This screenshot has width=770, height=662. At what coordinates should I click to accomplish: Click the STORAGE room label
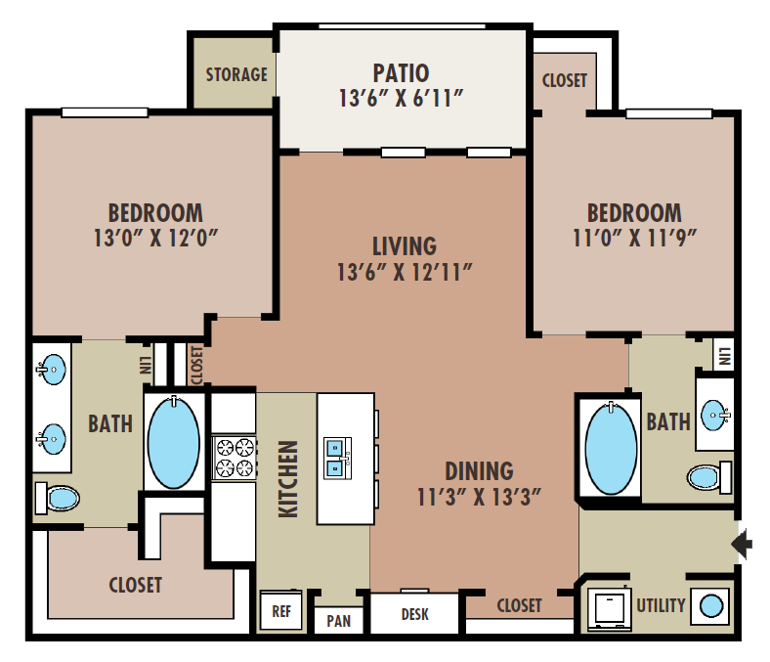click(x=236, y=74)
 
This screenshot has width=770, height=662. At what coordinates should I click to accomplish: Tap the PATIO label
click(x=402, y=73)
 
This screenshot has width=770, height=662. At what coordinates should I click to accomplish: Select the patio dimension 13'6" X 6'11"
click(x=402, y=99)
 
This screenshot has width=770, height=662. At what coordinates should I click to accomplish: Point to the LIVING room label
click(x=405, y=246)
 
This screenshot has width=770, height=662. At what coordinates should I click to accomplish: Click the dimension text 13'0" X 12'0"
click(x=155, y=238)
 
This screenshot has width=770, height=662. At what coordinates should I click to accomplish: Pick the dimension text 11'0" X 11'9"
click(x=634, y=238)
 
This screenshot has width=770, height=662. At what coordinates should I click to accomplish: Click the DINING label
click(x=479, y=470)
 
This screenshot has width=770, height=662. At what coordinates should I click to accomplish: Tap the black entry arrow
click(x=742, y=544)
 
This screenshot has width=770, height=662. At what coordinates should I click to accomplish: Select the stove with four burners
click(x=235, y=458)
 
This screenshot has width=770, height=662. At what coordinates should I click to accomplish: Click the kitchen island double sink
click(x=338, y=458)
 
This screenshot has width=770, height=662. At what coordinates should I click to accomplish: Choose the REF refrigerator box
click(x=280, y=610)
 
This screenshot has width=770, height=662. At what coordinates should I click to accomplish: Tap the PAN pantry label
click(x=339, y=621)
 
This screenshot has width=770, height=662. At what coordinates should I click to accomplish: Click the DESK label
click(x=415, y=614)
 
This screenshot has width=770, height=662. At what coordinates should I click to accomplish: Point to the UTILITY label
click(x=661, y=605)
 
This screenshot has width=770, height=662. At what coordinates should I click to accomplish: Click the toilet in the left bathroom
click(x=58, y=499)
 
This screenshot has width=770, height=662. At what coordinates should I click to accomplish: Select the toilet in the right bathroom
click(x=709, y=477)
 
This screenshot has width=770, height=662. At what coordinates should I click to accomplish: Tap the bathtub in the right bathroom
click(x=611, y=448)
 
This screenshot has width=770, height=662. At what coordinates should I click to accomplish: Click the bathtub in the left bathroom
click(x=174, y=443)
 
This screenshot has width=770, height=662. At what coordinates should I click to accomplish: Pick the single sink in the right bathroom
click(x=715, y=416)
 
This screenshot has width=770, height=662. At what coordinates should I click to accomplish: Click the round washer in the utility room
click(x=710, y=606)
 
